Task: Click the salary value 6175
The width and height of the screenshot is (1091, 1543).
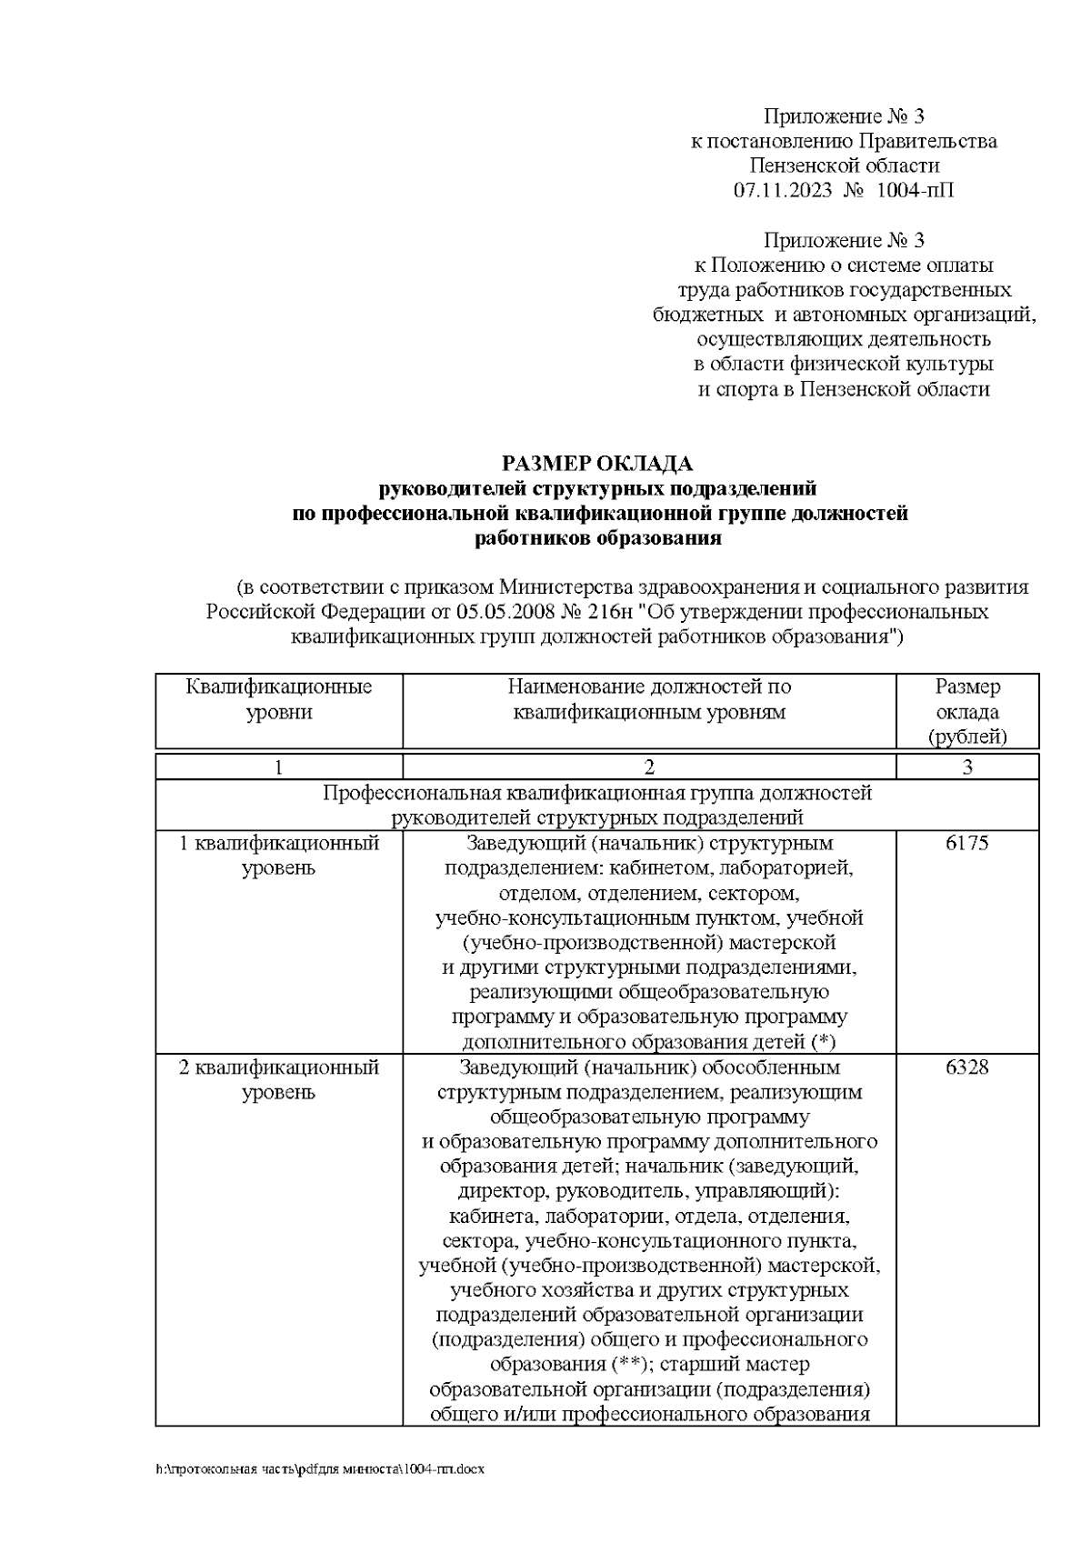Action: (x=966, y=843)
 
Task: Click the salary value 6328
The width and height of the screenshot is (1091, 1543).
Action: (x=966, y=1067)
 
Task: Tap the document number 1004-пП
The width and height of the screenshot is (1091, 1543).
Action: (x=916, y=190)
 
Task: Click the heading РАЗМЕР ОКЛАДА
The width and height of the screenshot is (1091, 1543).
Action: (x=597, y=464)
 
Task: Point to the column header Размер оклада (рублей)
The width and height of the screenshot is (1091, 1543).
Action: (x=966, y=711)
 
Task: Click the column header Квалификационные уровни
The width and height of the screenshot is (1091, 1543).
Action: (x=278, y=699)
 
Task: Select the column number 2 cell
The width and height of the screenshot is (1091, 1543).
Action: (x=649, y=766)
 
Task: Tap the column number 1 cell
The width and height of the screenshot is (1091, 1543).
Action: (x=278, y=766)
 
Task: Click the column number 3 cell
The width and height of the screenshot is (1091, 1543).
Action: (x=966, y=766)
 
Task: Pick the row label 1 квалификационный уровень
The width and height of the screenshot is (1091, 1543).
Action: (x=278, y=855)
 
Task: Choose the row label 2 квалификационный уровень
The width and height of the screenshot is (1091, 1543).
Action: (x=278, y=1078)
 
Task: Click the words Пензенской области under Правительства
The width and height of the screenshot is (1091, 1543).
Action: (x=844, y=165)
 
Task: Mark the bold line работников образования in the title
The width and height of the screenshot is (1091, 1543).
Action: (x=597, y=538)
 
